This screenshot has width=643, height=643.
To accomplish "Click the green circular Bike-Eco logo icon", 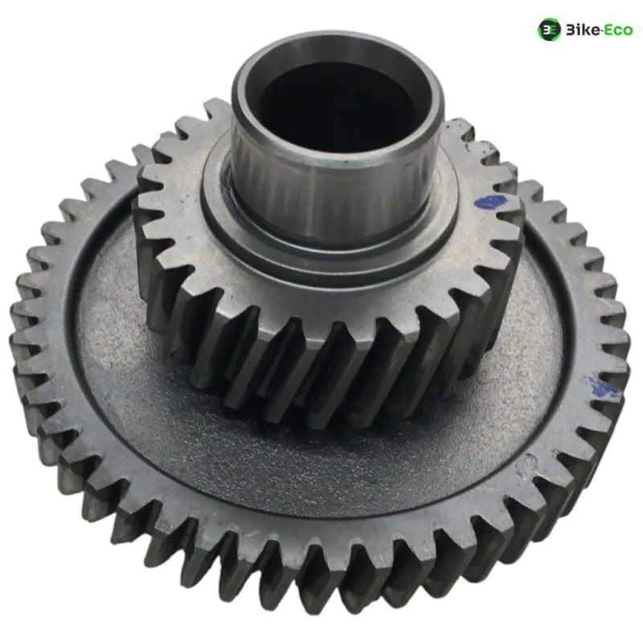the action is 549,30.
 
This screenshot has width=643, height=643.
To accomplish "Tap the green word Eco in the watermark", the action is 617,30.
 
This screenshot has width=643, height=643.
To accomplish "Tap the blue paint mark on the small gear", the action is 490,202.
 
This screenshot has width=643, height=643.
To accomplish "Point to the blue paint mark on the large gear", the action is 604,387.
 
